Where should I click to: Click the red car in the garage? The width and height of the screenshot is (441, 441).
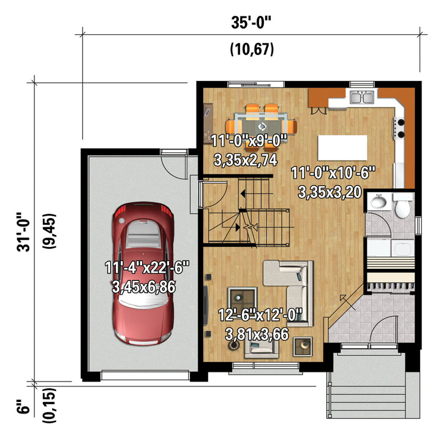coord(143,273)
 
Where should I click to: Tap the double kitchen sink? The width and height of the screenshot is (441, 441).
coord(362,97)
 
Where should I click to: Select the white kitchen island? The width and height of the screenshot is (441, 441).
coord(342,148)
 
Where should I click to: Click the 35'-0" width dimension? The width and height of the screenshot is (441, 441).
coord(252,23)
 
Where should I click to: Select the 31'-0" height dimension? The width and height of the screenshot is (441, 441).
coord(23,232)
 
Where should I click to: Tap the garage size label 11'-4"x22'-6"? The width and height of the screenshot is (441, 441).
coord(147,267)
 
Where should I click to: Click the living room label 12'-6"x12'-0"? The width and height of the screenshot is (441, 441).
coord(260,314)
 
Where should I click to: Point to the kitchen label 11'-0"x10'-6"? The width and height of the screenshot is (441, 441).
coord(333,172)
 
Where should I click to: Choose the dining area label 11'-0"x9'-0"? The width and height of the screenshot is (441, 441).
coord(249,140)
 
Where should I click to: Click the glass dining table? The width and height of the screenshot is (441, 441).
coord(261,127)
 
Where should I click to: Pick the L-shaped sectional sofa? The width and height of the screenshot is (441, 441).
coord(289,293)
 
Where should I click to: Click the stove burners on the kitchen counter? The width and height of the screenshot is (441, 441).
coord(400,129)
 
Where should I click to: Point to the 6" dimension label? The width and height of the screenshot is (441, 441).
coord(23,406)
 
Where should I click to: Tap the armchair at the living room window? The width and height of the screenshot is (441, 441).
coord(262,348)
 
